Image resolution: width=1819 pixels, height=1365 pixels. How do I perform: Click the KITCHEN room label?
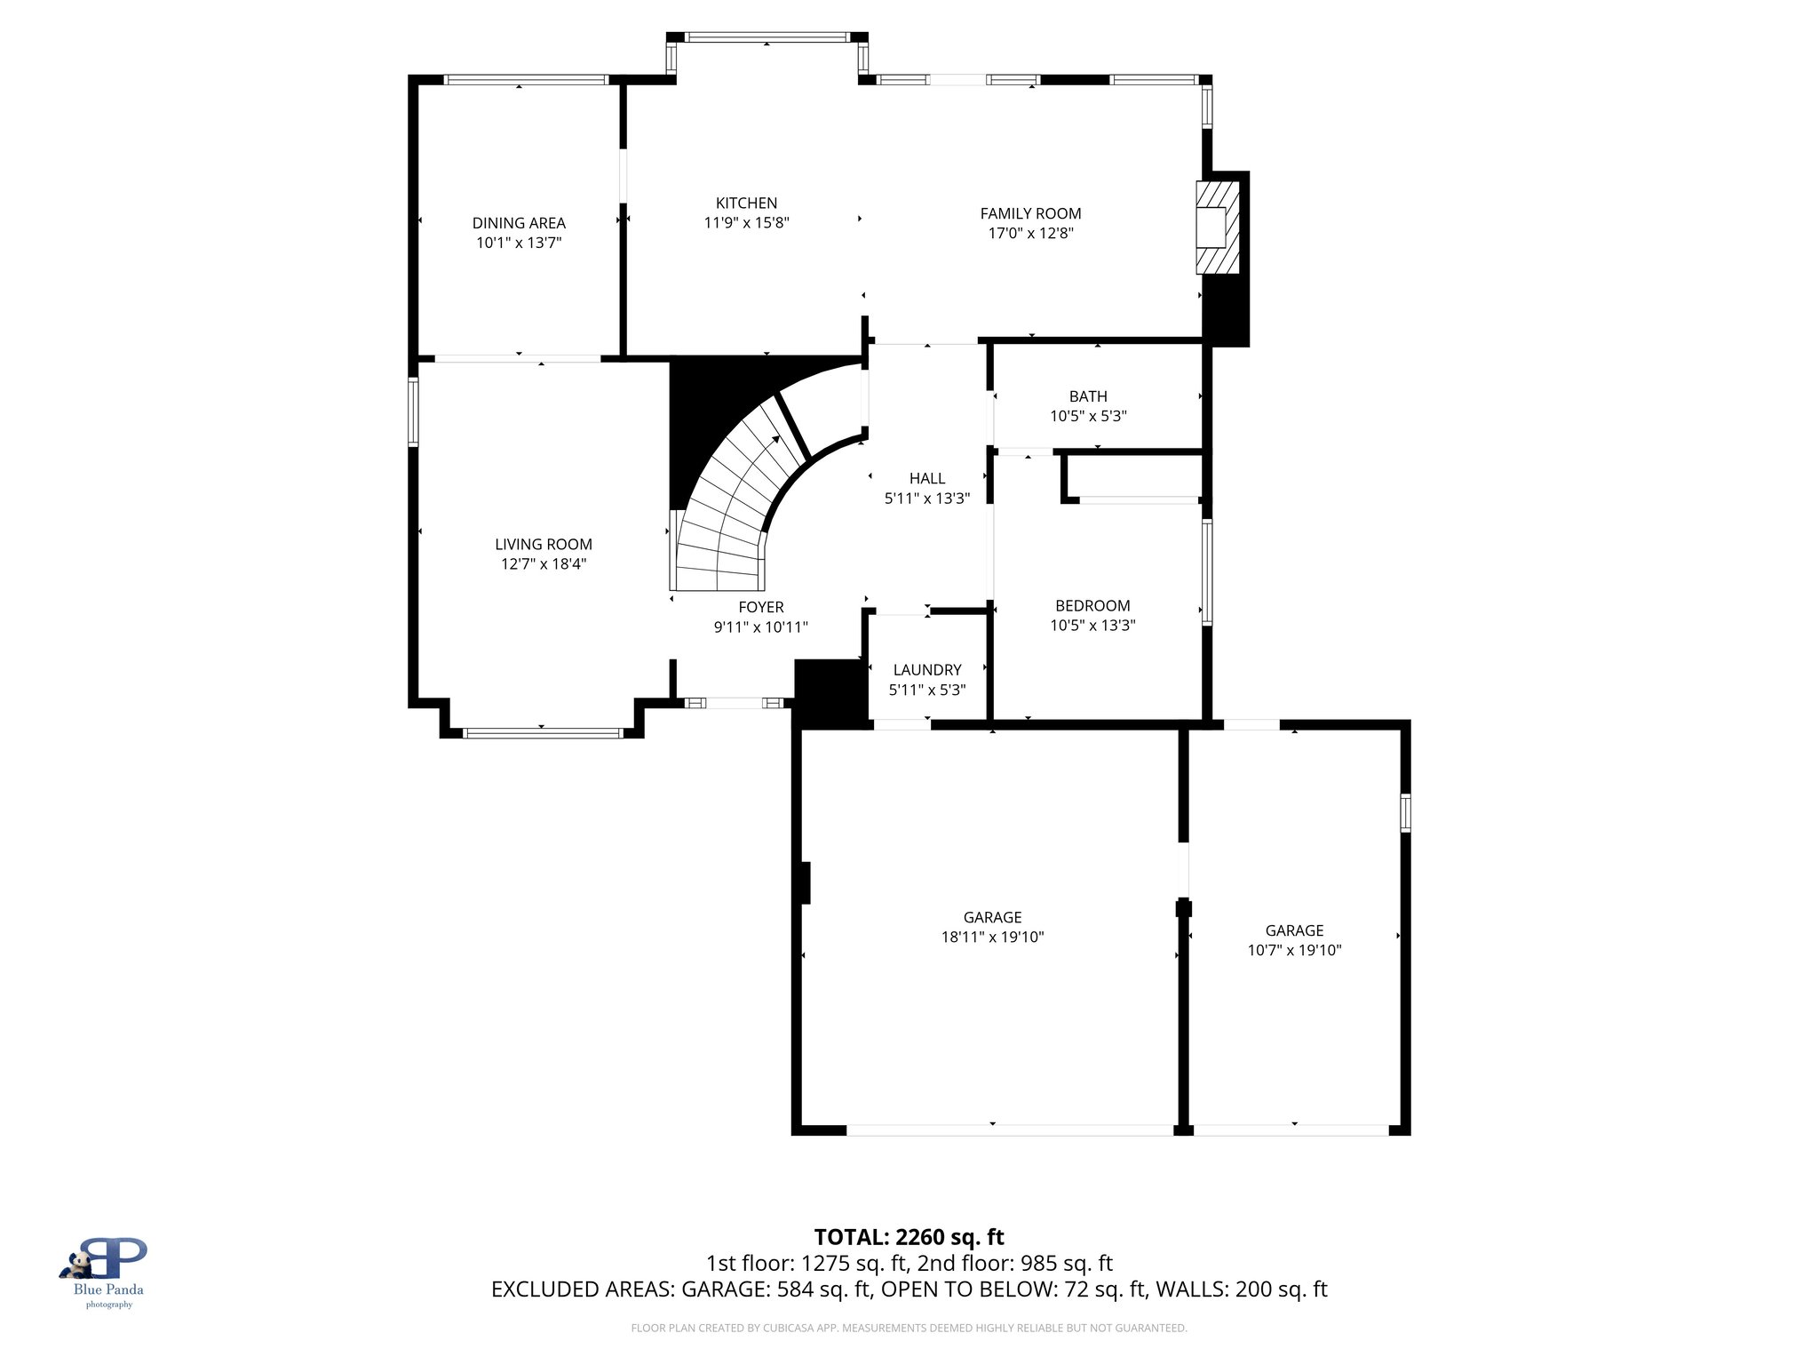point(746,204)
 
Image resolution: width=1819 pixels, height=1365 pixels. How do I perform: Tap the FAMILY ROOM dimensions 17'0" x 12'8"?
point(1030,234)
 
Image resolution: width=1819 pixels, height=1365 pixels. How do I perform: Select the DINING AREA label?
point(519,223)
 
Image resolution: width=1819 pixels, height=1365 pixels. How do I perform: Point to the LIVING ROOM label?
point(543,544)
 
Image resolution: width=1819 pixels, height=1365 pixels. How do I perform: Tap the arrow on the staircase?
point(774,439)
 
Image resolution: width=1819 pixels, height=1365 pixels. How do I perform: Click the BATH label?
point(1088,396)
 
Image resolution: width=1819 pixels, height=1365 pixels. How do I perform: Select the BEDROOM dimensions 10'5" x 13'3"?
point(1092,626)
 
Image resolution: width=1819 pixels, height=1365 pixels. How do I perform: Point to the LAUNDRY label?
point(927,670)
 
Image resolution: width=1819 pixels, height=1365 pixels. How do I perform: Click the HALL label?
point(927,479)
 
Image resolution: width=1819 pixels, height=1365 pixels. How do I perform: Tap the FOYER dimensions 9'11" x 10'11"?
point(761,627)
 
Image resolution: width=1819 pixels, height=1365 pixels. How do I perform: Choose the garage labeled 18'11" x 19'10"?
point(992,927)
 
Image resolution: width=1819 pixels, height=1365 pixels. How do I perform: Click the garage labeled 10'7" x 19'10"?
point(1294,940)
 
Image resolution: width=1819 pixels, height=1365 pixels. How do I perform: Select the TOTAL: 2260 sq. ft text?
point(909,1237)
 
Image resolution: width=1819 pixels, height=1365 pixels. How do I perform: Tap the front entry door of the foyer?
point(734,703)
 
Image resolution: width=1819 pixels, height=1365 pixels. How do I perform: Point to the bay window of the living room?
point(542,733)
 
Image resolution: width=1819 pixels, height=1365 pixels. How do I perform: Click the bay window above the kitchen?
point(767,37)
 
